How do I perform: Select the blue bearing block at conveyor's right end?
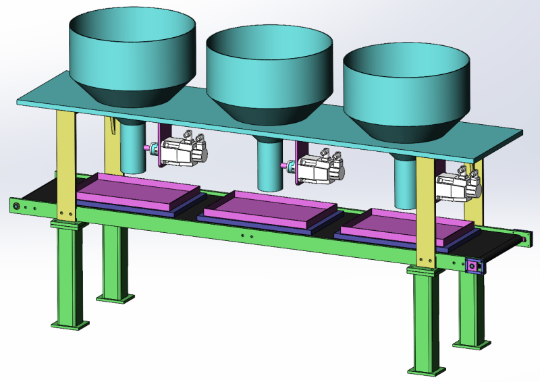(x=474, y=267)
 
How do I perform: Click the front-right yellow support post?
(x=426, y=209)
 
